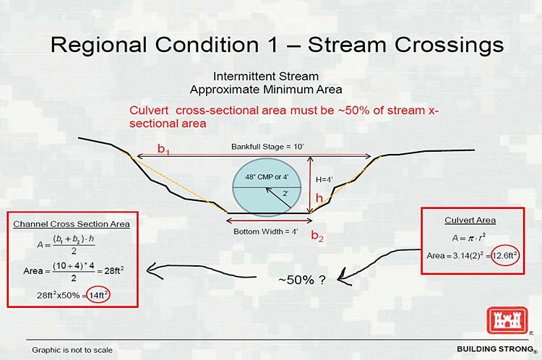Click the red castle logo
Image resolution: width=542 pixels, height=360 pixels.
[x=507, y=320]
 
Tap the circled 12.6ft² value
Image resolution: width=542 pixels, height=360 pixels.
[x=504, y=256]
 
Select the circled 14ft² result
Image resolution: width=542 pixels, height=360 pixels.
[x=98, y=295]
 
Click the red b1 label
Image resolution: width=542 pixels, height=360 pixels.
[x=163, y=149]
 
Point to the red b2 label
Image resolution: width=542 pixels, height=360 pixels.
[x=317, y=236]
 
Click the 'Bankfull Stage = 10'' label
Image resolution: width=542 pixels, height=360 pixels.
[x=267, y=147]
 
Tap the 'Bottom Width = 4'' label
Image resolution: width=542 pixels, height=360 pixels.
[x=265, y=231]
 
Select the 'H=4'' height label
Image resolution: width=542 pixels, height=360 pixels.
[x=324, y=179]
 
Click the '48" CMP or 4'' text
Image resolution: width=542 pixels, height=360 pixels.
[x=267, y=176]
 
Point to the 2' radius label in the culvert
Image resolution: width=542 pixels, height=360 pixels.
[x=285, y=193]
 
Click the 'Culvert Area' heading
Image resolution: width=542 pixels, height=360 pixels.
[x=470, y=220]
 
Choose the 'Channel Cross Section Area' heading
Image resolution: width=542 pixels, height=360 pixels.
[x=72, y=224]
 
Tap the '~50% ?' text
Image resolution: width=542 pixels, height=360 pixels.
[x=302, y=280]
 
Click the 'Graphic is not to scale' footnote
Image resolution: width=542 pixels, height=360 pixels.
[x=72, y=350]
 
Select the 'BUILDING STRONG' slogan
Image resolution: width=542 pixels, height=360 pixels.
[x=495, y=348]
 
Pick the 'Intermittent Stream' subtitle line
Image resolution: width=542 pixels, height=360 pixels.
[x=266, y=76]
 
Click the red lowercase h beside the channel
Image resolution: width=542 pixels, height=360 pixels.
[x=319, y=198]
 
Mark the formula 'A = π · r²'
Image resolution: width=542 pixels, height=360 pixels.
[x=469, y=238]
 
